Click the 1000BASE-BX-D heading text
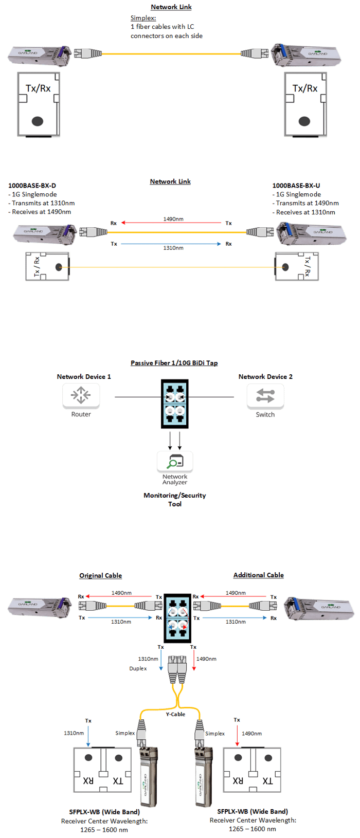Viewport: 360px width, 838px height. pos(32,185)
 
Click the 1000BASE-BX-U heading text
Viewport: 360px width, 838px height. pos(296,185)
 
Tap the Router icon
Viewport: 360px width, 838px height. pos(81,395)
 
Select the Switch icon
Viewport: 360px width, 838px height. pos(265,395)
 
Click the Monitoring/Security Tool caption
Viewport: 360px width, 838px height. pos(175,499)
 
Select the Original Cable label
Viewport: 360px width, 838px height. pos(100,575)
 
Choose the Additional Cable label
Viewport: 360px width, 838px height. pos(258,575)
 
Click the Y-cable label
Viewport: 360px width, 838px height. pos(175,714)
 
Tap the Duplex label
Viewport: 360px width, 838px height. pos(138,668)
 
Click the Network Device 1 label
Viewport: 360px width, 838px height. pos(84,377)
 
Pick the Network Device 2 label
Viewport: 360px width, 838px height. pos(265,377)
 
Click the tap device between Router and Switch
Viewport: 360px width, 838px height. pos(175,404)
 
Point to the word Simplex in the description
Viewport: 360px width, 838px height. pos(136,18)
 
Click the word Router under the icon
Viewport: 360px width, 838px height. pos(81,414)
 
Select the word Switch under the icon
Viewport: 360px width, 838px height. pos(265,414)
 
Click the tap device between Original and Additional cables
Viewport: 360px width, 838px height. pos(178,617)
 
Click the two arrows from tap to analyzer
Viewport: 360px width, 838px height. pos(175,440)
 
